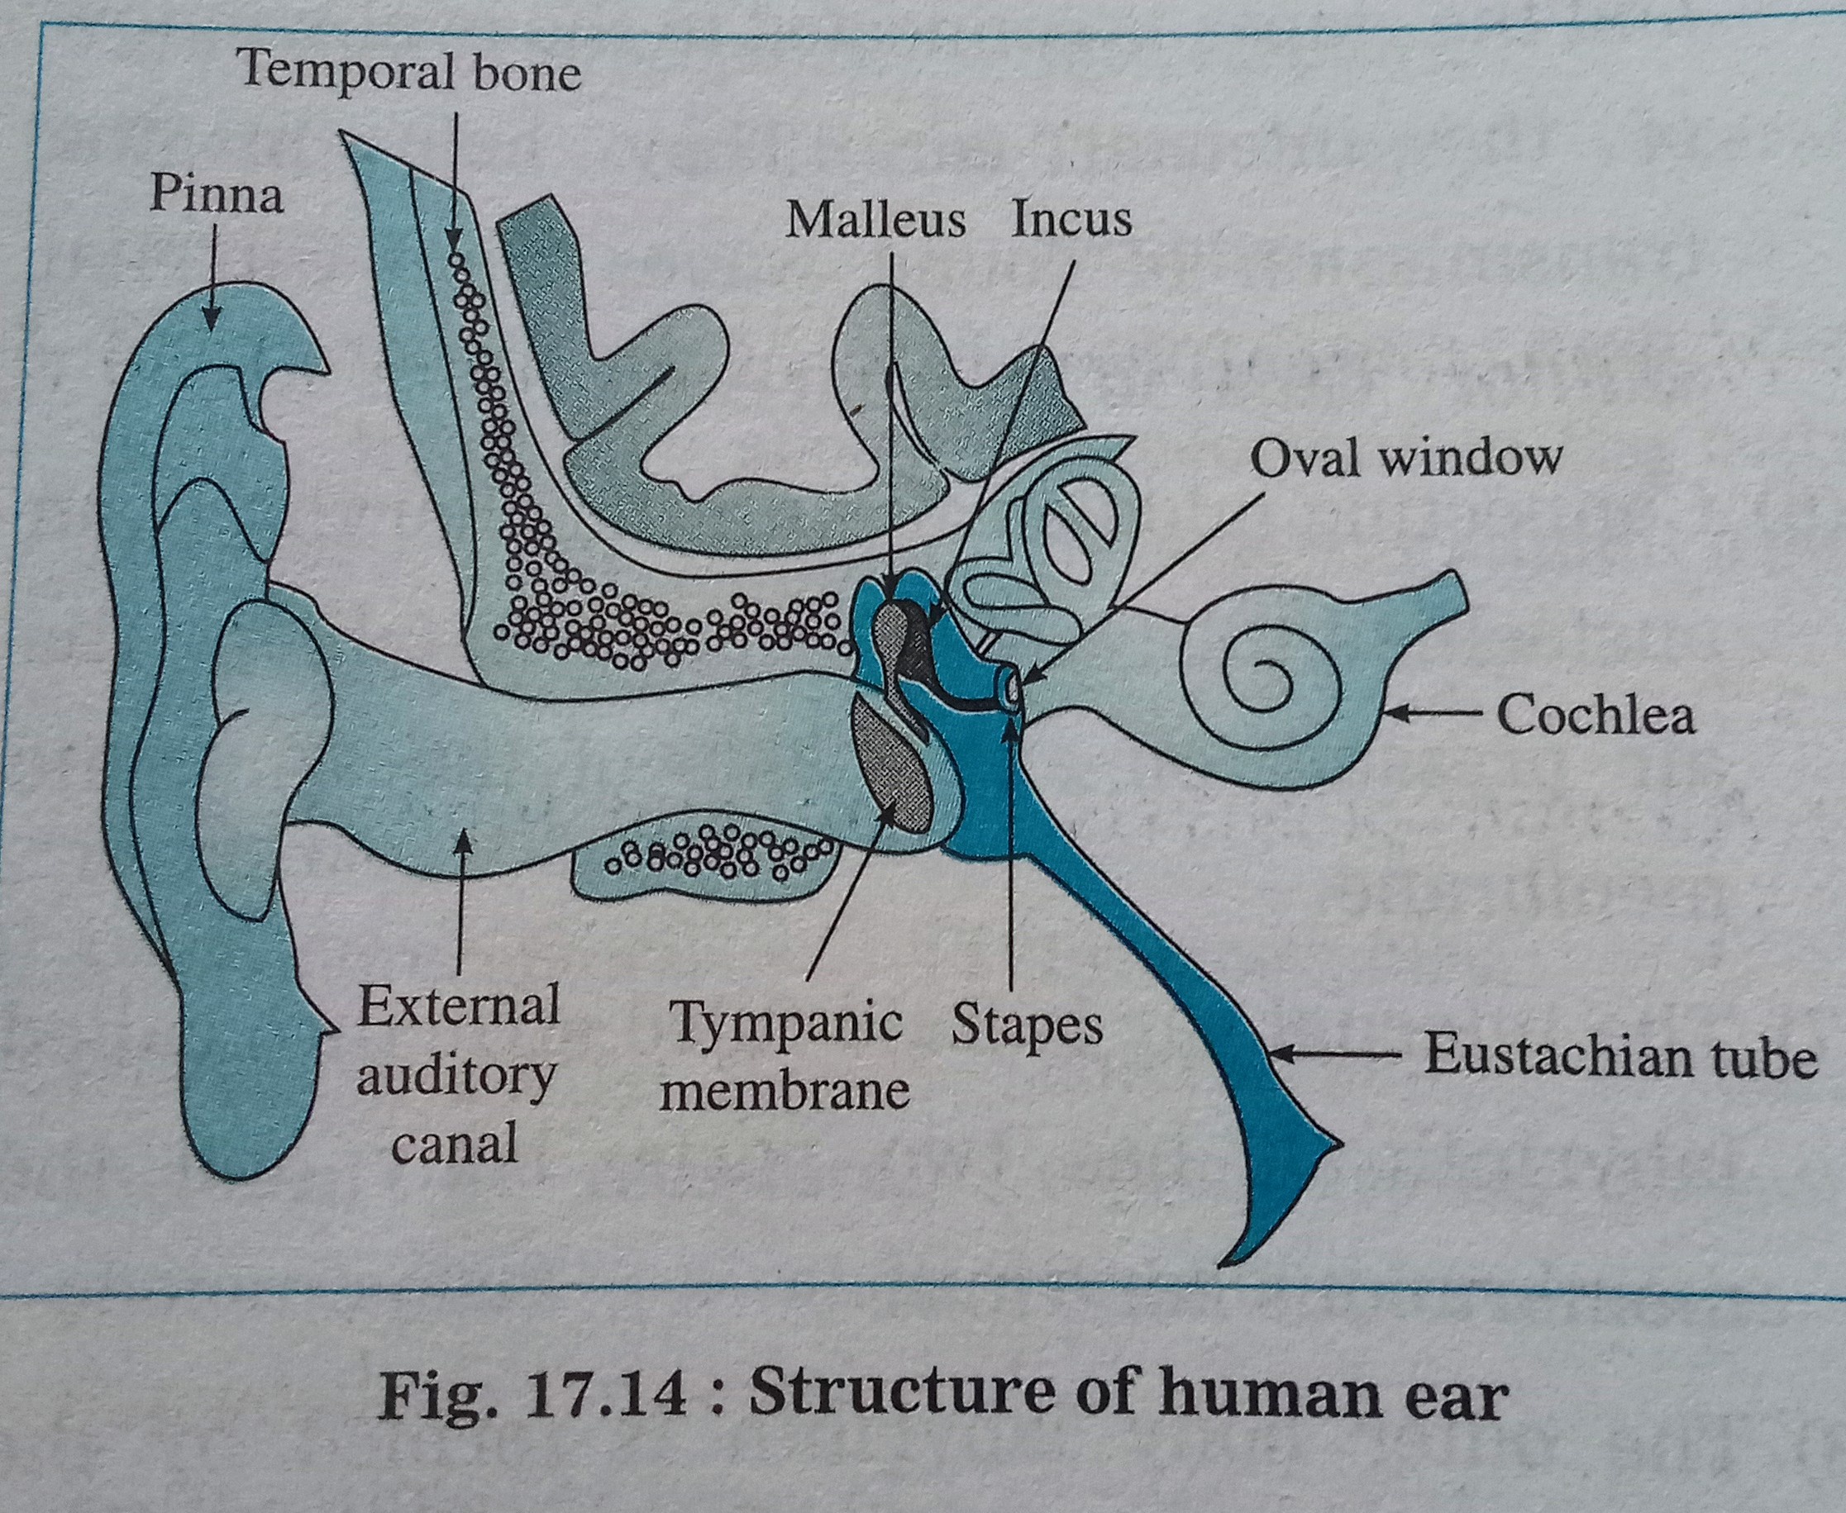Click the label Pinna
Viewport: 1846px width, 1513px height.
click(217, 195)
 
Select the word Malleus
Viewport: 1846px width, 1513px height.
click(875, 221)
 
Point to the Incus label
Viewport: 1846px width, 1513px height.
click(1071, 219)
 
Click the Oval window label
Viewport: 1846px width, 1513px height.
click(1405, 457)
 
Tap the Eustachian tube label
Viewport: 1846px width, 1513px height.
click(1620, 1058)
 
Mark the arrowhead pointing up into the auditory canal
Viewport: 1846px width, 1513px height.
click(463, 837)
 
